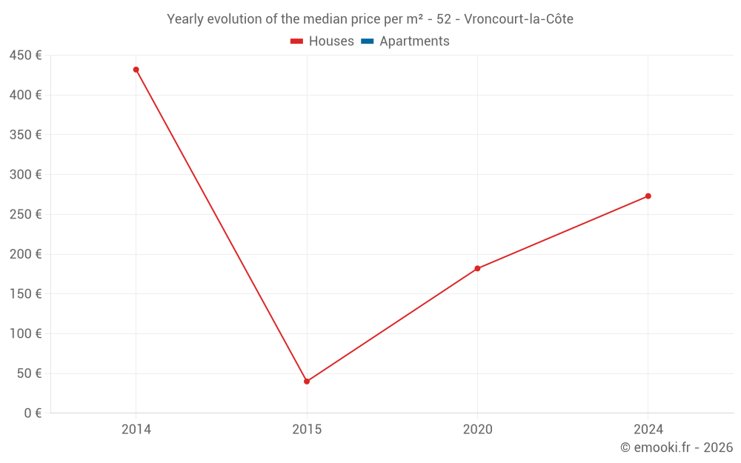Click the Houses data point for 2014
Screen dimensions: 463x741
(x=136, y=70)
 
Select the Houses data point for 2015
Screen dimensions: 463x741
(x=307, y=382)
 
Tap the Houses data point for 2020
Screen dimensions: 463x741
(x=477, y=268)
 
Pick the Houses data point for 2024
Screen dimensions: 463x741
(x=648, y=196)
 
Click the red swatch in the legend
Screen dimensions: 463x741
(x=297, y=41)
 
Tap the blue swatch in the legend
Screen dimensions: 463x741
(x=367, y=41)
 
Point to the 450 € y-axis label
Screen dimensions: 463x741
(x=25, y=56)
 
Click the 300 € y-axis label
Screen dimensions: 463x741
(x=25, y=175)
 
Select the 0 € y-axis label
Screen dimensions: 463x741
(x=33, y=413)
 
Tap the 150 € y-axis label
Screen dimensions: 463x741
(x=25, y=294)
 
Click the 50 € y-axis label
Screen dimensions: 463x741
(x=29, y=373)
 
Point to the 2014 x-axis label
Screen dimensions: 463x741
(x=136, y=430)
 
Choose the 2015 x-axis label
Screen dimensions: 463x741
(x=307, y=430)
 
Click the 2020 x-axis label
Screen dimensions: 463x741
(x=477, y=430)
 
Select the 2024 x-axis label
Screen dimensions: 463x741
(x=648, y=430)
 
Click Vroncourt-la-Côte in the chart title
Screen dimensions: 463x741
(x=519, y=19)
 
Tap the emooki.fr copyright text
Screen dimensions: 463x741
(x=677, y=447)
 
